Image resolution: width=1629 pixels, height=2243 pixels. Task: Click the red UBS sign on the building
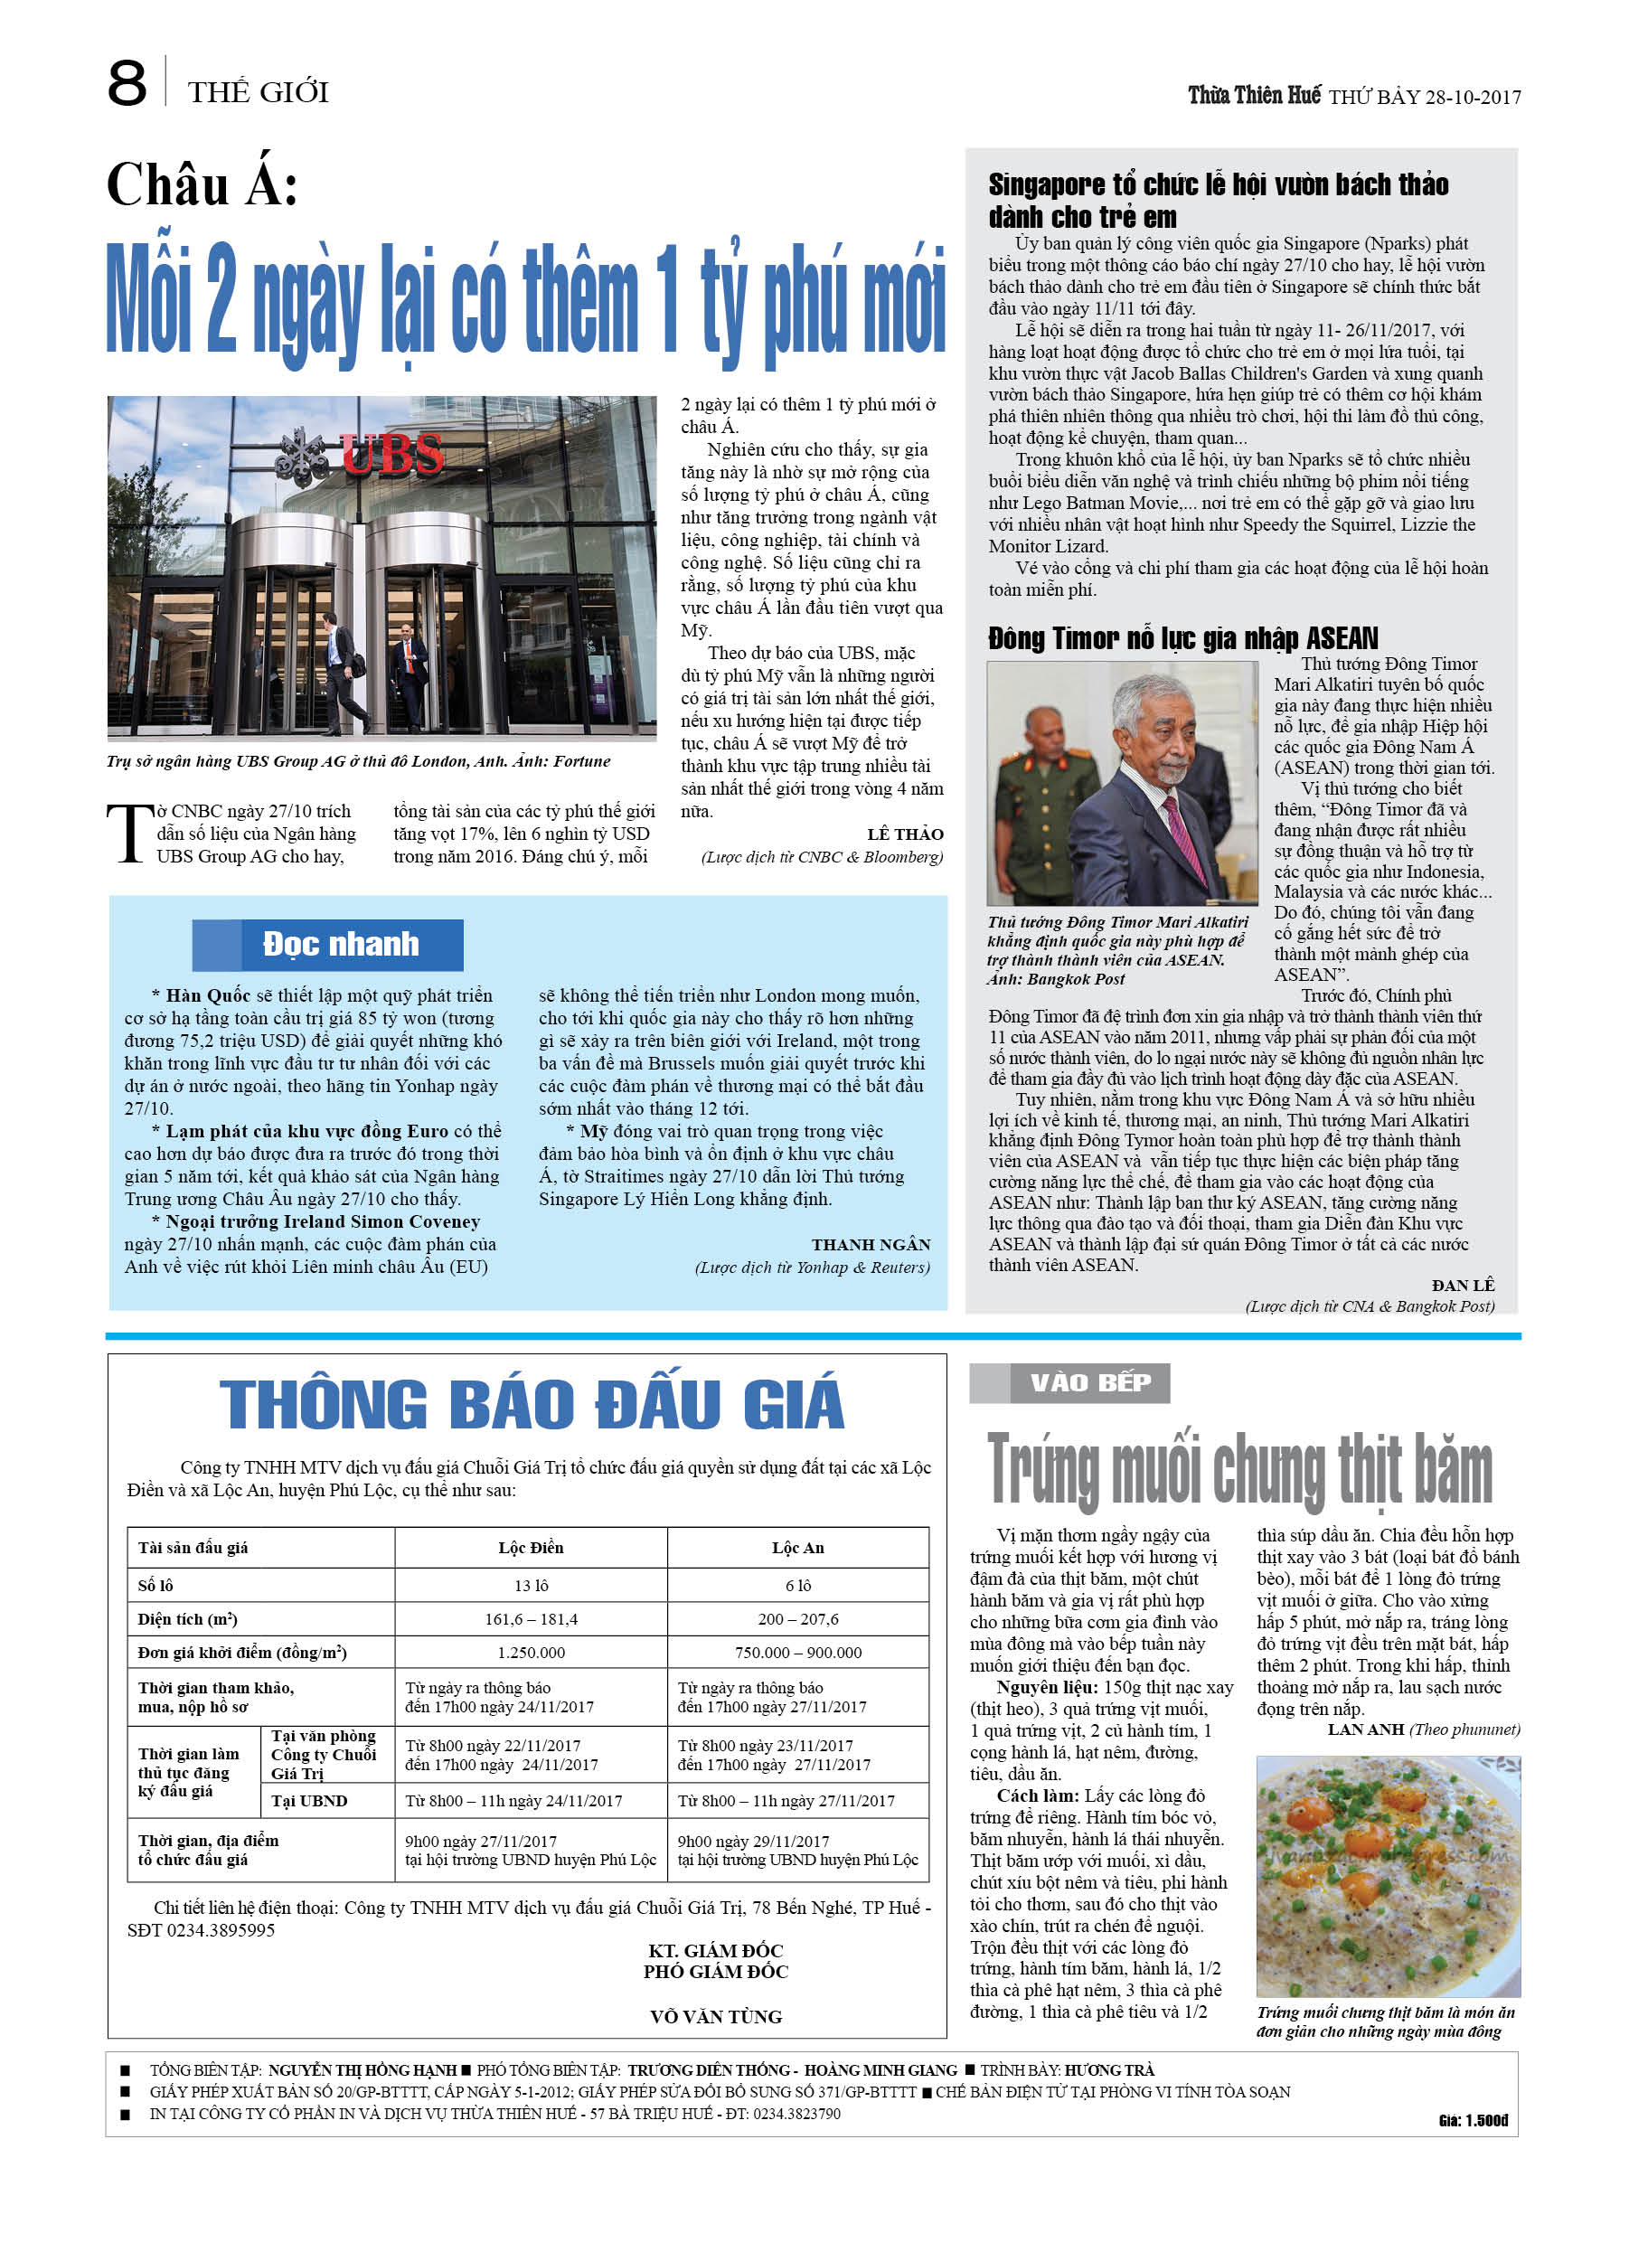(392, 454)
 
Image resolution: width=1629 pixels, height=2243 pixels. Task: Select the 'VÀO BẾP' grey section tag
(1089, 1382)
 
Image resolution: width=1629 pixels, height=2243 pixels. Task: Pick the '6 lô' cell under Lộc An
(797, 1586)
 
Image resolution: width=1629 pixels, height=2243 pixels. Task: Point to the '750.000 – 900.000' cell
(797, 1653)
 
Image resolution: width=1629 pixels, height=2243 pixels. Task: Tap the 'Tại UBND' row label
(308, 1801)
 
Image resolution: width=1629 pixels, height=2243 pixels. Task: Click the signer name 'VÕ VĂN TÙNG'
(715, 2016)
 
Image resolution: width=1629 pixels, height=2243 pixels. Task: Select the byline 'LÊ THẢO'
(904, 834)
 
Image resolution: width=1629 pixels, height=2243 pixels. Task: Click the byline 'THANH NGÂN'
(871, 1244)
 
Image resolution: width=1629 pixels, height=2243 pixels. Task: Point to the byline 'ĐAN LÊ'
(1463, 1285)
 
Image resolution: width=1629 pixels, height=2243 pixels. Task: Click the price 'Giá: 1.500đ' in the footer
(1473, 2120)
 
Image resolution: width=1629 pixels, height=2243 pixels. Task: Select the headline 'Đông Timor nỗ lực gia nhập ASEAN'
(1182, 638)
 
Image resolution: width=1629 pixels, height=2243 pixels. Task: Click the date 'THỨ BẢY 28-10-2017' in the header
(1425, 97)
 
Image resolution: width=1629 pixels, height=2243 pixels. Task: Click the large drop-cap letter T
(128, 833)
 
